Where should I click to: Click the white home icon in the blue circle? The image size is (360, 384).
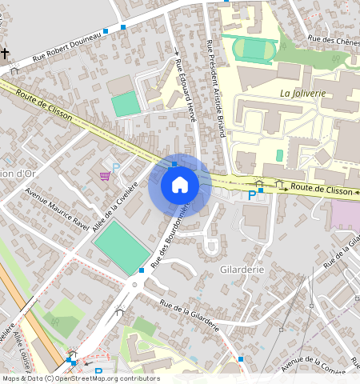(180, 185)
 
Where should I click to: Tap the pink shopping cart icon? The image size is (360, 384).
(105, 175)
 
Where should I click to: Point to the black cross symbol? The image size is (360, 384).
(5, 54)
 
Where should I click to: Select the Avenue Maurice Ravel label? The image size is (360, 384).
(57, 207)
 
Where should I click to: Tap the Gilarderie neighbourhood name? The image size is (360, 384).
(241, 270)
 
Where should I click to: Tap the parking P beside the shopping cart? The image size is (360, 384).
(115, 168)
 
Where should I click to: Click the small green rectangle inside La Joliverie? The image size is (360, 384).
(279, 155)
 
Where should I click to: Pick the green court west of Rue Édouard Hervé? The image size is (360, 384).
(125, 104)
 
